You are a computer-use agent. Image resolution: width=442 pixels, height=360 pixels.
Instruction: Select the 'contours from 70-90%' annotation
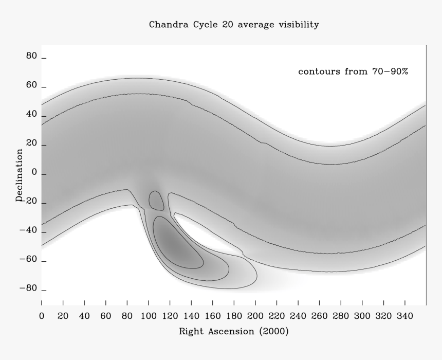tap(353, 71)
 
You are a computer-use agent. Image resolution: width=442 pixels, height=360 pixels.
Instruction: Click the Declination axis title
tap(20, 175)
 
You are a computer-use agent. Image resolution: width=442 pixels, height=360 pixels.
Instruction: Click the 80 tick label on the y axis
tap(31, 57)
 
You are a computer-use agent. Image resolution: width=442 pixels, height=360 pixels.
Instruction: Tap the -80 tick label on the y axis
tap(28, 289)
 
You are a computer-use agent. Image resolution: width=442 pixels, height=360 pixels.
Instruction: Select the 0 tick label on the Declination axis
tap(34, 174)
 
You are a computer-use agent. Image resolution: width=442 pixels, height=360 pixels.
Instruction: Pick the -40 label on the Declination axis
tap(28, 231)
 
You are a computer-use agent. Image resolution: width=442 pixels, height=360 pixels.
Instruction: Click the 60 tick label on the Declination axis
tap(31, 86)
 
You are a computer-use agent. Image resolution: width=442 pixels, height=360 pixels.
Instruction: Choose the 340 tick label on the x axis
tap(415, 314)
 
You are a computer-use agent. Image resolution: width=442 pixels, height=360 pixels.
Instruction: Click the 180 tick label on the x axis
tap(233, 314)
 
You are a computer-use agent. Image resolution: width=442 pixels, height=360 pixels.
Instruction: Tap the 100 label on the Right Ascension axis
tap(148, 314)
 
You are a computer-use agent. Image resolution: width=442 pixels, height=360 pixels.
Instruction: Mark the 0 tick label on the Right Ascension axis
tap(42, 314)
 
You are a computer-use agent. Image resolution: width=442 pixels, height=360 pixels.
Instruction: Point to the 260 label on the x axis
tap(319, 314)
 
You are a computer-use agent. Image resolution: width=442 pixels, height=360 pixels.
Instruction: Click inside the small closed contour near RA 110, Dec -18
tap(156, 201)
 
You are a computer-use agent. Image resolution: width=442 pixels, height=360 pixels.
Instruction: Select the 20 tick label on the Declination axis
tap(31, 145)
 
